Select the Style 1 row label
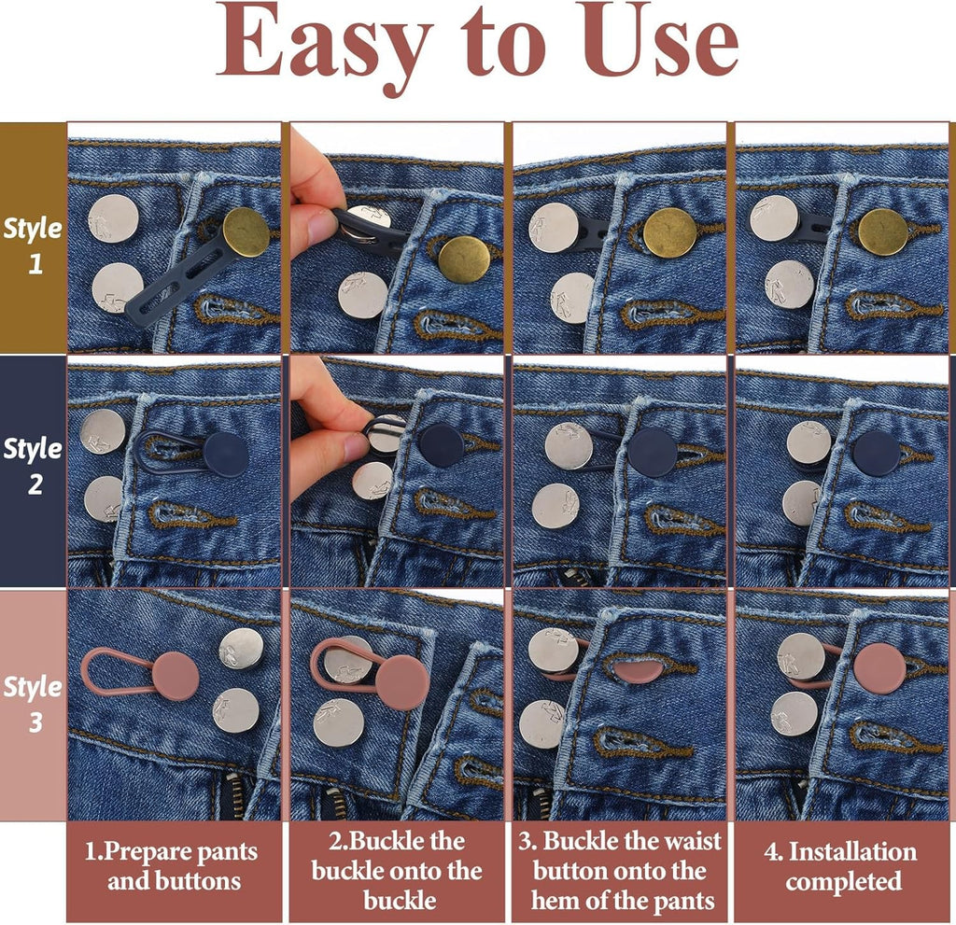pyautogui.click(x=33, y=245)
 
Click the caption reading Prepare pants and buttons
pyautogui.click(x=172, y=866)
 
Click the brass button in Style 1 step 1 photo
pyautogui.click(x=246, y=231)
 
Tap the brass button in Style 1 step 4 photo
pyautogui.click(x=883, y=231)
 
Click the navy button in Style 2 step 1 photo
pyautogui.click(x=226, y=455)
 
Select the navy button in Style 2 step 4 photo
pyautogui.click(x=877, y=453)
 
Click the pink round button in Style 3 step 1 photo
pyautogui.click(x=176, y=676)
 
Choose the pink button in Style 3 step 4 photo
pyautogui.click(x=879, y=667)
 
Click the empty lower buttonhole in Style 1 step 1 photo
pyautogui.click(x=234, y=310)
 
